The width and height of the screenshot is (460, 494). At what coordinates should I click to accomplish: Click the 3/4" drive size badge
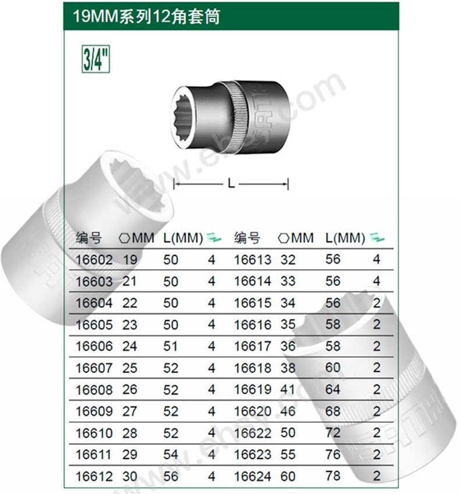pos(95,59)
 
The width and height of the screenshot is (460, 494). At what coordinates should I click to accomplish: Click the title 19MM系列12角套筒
pos(146,16)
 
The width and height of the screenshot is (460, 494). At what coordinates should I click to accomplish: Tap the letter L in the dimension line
pos(231,183)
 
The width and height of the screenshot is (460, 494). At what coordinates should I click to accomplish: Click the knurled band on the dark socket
pos(239,118)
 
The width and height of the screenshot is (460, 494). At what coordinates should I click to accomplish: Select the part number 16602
pos(94,260)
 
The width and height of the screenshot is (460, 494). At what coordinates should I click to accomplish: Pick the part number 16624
pos(253,476)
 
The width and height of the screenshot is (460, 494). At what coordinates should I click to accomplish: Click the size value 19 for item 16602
pos(130,260)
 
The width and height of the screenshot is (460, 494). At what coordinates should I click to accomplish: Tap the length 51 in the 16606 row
pos(171,346)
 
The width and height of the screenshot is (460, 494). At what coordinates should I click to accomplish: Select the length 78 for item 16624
pos(333,476)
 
